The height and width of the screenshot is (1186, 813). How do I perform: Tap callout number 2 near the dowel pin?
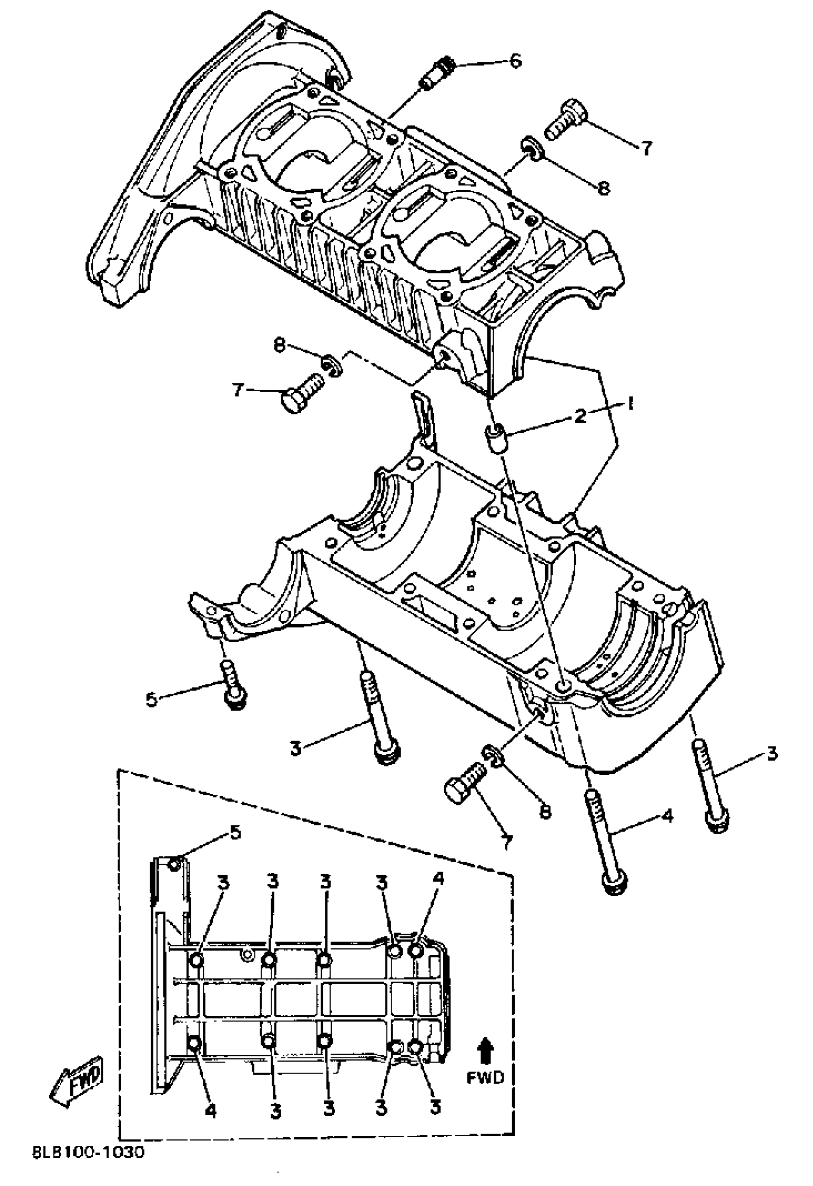580,416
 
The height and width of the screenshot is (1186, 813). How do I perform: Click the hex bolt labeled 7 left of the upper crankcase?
301,392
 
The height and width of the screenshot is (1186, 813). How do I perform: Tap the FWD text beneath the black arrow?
485,1077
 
